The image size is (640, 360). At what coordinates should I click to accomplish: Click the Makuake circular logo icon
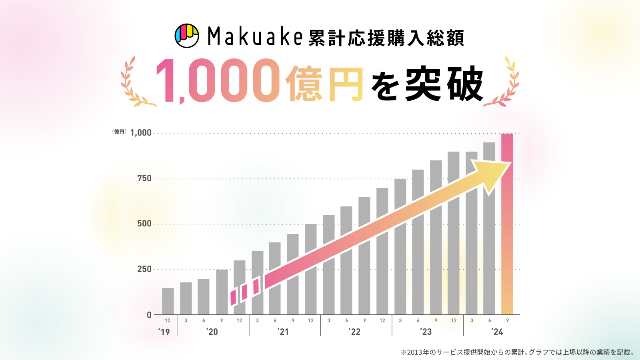pyautogui.click(x=187, y=36)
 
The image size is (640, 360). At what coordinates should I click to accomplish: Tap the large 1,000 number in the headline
pyautogui.click(x=218, y=81)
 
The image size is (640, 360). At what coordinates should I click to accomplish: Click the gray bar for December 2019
pyautogui.click(x=168, y=301)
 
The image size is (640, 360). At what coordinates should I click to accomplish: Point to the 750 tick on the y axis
pyautogui.click(x=144, y=178)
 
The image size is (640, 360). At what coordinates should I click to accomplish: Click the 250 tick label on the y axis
pyautogui.click(x=144, y=269)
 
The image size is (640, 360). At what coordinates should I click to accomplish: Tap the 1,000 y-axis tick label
pyautogui.click(x=141, y=133)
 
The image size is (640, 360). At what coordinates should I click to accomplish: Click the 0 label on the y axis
pyautogui.click(x=149, y=315)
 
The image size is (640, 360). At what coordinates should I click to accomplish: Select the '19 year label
pyautogui.click(x=164, y=332)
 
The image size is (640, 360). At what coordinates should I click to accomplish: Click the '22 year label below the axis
pyautogui.click(x=355, y=332)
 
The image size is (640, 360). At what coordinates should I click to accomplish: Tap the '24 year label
pyautogui.click(x=498, y=332)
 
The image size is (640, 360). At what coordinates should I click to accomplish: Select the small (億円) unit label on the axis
pyautogui.click(x=119, y=132)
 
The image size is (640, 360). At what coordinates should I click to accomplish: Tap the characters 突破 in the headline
pyautogui.click(x=444, y=84)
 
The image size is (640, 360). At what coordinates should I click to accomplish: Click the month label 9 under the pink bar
pyautogui.click(x=507, y=320)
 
